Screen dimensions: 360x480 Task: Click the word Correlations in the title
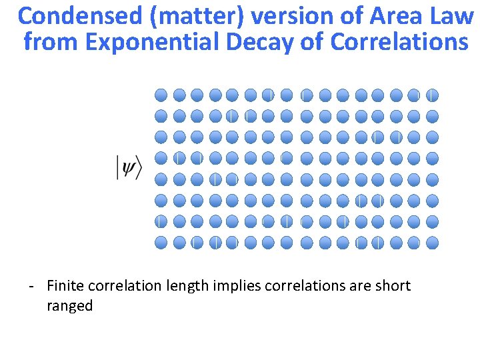point(399,42)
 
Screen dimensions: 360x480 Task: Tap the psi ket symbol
point(129,167)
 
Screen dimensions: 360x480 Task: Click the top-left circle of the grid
point(161,95)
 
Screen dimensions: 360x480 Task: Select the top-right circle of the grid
point(432,95)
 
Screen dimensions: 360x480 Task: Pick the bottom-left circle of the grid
point(161,242)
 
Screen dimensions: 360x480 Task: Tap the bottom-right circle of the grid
point(432,242)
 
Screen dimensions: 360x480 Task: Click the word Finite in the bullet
point(64,286)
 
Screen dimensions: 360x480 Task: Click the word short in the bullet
point(393,286)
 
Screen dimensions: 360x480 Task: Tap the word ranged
point(69,307)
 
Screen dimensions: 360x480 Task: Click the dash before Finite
point(31,287)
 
